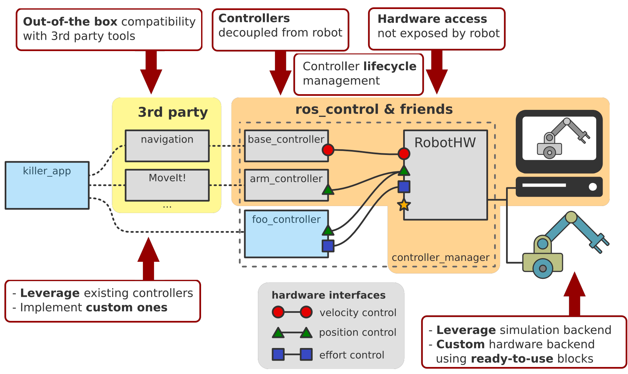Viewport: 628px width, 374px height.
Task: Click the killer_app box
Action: tap(47, 185)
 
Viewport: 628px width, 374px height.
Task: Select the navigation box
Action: tap(167, 146)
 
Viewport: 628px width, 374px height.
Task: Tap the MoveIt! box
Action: tap(167, 185)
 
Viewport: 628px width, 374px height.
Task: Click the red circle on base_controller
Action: tap(328, 150)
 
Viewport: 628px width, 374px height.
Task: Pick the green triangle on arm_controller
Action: tap(328, 190)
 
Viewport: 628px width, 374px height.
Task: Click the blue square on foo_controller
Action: tap(328, 246)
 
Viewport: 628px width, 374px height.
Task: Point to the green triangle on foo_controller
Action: tap(328, 230)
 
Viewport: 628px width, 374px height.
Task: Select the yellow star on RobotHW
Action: tap(404, 204)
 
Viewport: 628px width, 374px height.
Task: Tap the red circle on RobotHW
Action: tap(404, 154)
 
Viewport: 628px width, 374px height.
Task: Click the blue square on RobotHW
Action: tap(404, 187)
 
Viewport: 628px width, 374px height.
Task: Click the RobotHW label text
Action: tap(445, 143)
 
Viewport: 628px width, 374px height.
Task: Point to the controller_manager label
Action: tap(441, 257)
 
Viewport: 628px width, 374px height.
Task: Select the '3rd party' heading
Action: tap(173, 112)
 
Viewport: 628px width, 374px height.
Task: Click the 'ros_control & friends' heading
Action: tap(374, 109)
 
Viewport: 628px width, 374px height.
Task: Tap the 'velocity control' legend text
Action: tap(358, 313)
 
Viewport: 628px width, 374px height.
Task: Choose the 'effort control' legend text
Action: tap(352, 355)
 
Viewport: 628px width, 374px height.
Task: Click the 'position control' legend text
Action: tap(357, 332)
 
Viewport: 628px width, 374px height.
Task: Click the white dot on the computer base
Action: tap(593, 187)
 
